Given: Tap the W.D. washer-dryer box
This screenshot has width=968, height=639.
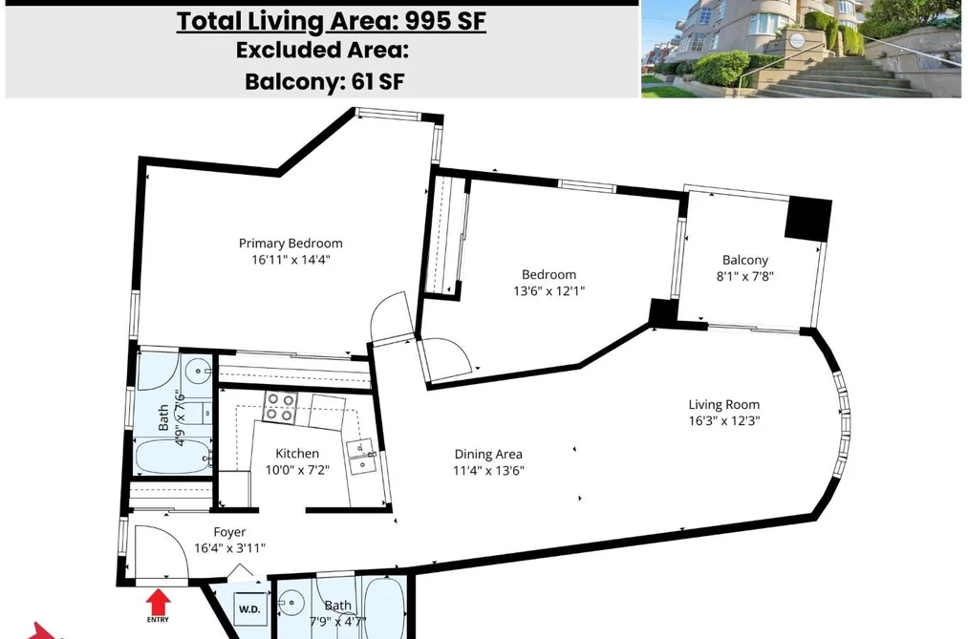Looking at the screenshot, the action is (x=249, y=608).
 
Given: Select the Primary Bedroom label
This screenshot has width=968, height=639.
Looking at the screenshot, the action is (x=290, y=243).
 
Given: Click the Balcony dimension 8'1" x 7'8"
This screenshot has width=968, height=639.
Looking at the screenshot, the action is (x=745, y=276).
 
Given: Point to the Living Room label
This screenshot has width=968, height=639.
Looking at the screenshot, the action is (x=724, y=405).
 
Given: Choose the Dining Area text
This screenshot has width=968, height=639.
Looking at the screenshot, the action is (x=488, y=455).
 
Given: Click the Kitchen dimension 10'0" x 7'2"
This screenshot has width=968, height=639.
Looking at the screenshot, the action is (x=297, y=470).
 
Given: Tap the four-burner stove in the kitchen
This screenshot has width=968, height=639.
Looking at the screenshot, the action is (x=280, y=407).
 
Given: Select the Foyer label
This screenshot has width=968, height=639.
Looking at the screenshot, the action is (x=229, y=532).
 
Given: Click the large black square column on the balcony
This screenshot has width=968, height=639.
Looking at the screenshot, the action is (x=808, y=219).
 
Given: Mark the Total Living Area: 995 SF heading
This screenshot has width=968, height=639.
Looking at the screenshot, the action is (x=332, y=21).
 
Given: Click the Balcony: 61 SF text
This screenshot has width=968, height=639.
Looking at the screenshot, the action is (x=325, y=81).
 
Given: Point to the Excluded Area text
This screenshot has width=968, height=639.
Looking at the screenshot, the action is (x=322, y=50).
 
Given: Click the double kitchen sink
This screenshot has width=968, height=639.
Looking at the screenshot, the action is (x=361, y=458).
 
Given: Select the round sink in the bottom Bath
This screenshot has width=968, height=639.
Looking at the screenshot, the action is (x=290, y=599).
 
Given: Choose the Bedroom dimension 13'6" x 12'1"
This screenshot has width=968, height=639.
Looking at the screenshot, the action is (x=549, y=290).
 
